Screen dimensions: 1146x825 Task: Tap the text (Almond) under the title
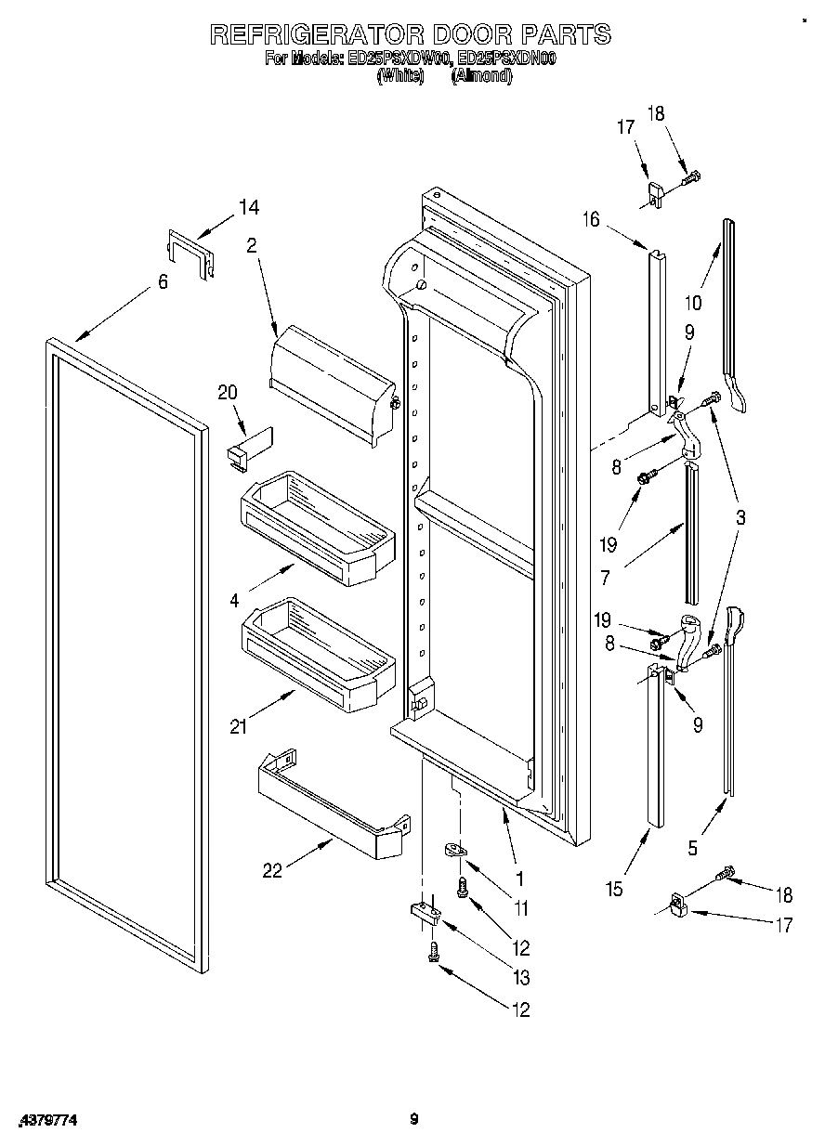point(481,77)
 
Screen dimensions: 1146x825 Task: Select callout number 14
point(249,208)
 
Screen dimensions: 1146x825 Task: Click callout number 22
point(272,870)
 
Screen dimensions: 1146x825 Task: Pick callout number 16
point(591,219)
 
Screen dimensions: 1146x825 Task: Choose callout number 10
point(692,302)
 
